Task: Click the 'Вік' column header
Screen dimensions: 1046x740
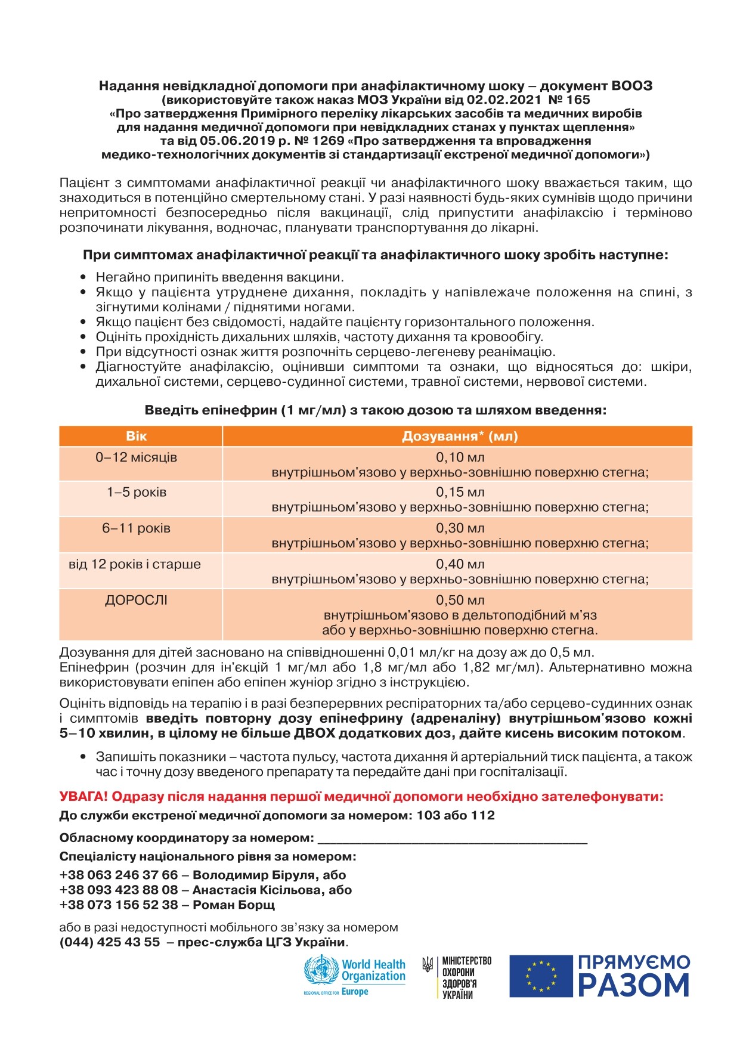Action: pyautogui.click(x=137, y=436)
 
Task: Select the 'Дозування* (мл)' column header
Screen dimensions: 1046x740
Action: pyautogui.click(x=460, y=436)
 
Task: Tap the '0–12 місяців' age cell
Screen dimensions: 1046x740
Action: pyautogui.click(x=137, y=457)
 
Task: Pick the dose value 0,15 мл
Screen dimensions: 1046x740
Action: pyautogui.click(x=460, y=492)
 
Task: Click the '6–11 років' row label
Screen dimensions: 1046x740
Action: pyautogui.click(x=137, y=528)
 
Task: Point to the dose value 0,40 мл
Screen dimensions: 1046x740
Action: pyautogui.click(x=460, y=564)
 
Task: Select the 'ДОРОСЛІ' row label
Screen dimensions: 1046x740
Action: pyautogui.click(x=137, y=600)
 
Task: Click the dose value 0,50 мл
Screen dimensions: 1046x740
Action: pyautogui.click(x=460, y=600)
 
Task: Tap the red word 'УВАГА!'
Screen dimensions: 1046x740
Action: pyautogui.click(x=83, y=797)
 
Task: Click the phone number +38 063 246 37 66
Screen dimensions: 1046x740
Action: pyautogui.click(x=119, y=875)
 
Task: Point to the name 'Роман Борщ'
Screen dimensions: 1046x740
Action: pyautogui.click(x=234, y=905)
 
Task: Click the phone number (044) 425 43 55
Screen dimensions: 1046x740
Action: pyautogui.click(x=110, y=942)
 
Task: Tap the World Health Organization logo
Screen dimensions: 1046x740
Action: pyautogui.click(x=354, y=976)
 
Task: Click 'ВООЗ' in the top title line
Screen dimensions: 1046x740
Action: pyautogui.click(x=631, y=86)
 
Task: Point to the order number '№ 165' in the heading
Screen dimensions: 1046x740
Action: pyautogui.click(x=569, y=100)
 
